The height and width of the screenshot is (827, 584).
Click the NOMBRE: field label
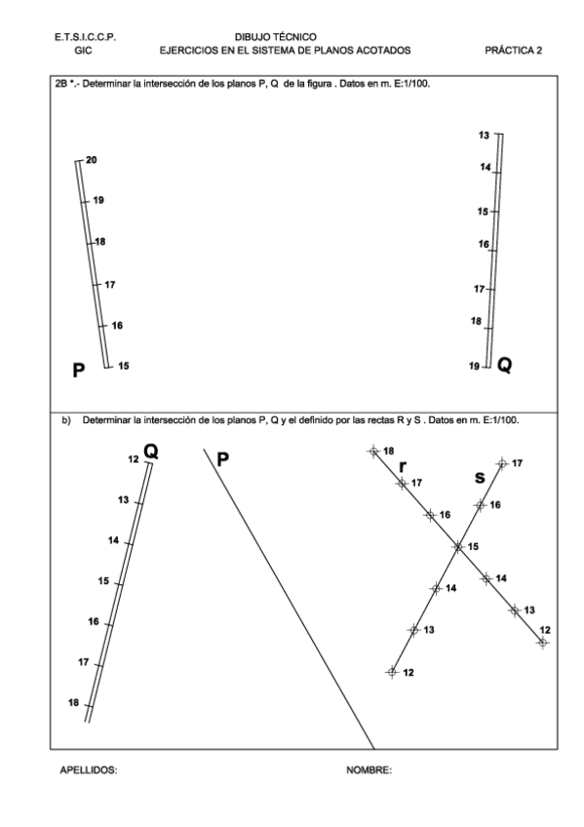[370, 769]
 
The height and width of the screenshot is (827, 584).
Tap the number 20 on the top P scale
[92, 160]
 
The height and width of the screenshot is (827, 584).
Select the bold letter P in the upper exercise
[80, 369]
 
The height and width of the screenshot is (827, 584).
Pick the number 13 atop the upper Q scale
[485, 134]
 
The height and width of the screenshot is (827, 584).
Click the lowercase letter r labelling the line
[403, 466]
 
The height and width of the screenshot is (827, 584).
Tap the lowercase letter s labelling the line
[479, 477]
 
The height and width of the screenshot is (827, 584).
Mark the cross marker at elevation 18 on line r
[372, 452]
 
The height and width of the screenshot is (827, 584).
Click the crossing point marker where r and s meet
[457, 547]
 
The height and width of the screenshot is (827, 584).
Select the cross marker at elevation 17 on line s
[502, 463]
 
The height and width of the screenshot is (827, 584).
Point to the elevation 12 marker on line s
[392, 671]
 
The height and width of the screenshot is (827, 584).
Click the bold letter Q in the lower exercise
[151, 451]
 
